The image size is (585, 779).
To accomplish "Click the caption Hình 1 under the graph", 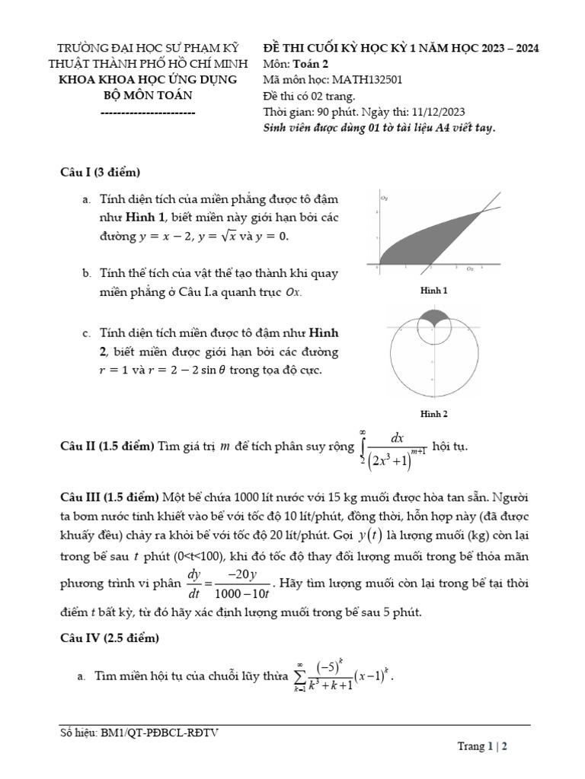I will click(x=433, y=291).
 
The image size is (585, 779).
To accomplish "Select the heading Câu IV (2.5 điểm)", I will click(x=110, y=638).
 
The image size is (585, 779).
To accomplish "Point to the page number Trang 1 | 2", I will click(x=482, y=746).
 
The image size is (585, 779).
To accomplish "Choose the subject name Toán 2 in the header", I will click(x=310, y=63).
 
